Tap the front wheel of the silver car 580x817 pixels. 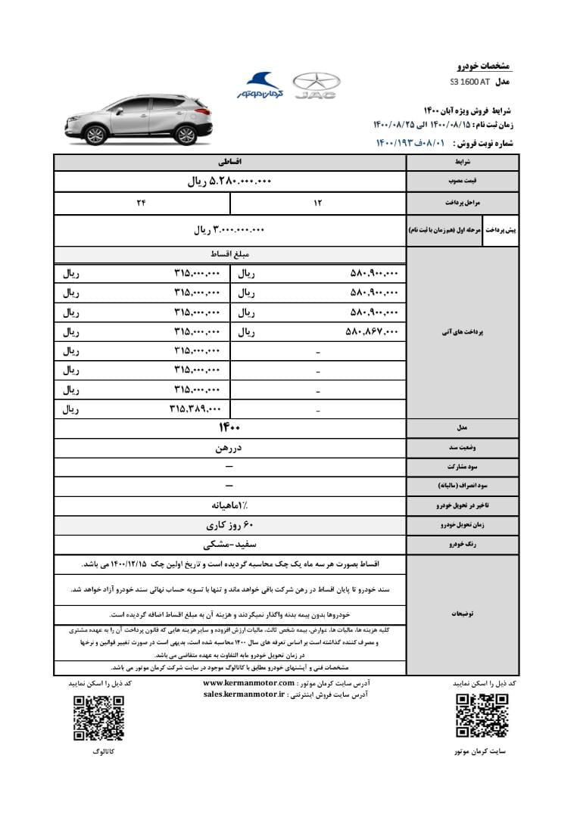95,135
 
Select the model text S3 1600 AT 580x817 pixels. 470,81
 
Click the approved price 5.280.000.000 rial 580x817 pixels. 229,182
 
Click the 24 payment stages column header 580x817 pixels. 141,203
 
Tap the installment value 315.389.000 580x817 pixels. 195,409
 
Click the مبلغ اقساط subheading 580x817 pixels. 229,255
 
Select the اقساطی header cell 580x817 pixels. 229,162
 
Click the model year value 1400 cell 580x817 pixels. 229,428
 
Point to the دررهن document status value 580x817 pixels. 229,448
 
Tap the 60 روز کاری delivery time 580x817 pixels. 229,524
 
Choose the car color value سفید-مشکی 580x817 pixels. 229,544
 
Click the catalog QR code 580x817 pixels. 98,717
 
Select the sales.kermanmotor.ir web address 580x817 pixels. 243,693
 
